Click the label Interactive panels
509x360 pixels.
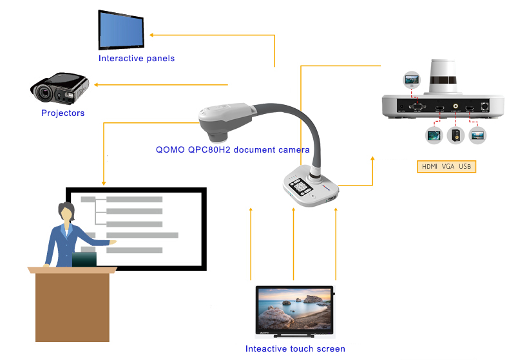click(136, 59)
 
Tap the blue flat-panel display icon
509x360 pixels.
click(120, 30)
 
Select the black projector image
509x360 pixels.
click(59, 90)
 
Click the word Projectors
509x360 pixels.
click(62, 113)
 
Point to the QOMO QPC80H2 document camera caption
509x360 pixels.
click(233, 149)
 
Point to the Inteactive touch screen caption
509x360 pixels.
click(295, 349)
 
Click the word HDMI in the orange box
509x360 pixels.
click(429, 167)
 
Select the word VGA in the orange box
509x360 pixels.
click(448, 167)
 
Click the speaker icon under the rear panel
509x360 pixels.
click(456, 135)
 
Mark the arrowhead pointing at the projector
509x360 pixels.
click(97, 84)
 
